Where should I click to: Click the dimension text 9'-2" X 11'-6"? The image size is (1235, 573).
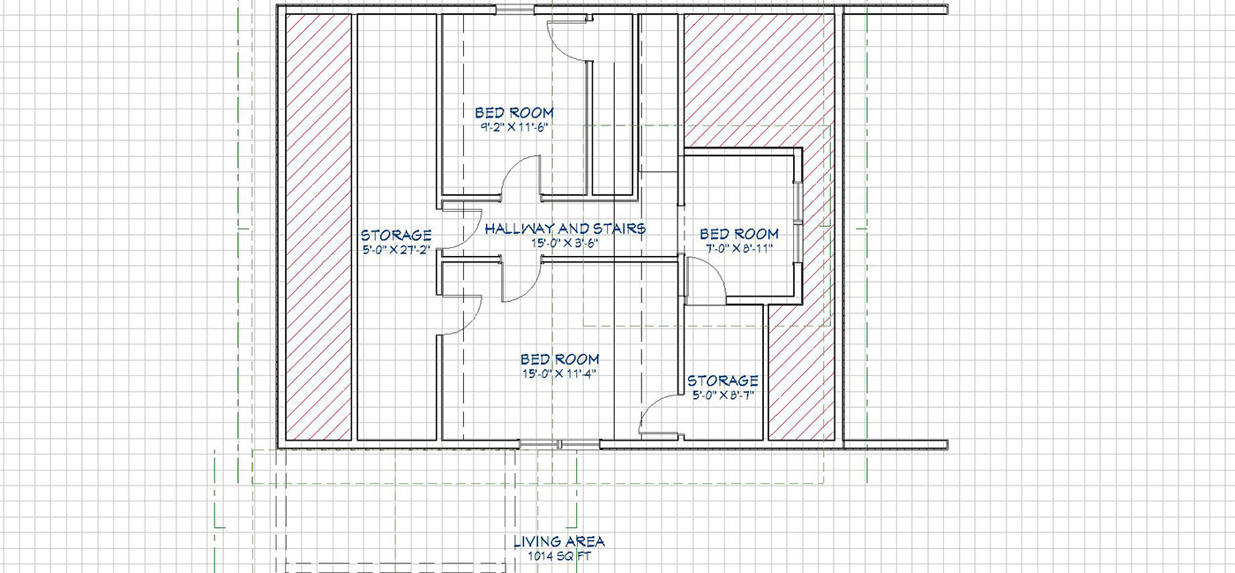(x=514, y=127)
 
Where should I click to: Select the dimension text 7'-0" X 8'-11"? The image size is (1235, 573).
(x=739, y=249)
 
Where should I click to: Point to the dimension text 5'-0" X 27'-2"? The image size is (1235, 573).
(x=396, y=250)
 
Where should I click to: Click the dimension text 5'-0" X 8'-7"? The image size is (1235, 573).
(x=722, y=396)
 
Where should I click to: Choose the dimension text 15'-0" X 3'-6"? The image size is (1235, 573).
(x=565, y=243)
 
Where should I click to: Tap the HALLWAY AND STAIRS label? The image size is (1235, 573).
(x=565, y=228)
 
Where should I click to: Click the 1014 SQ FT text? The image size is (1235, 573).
(x=559, y=557)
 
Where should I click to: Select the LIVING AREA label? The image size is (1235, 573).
(x=559, y=541)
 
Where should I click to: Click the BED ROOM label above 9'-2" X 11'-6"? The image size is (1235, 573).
(x=514, y=112)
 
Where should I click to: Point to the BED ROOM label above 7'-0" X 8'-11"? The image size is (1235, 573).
(x=739, y=234)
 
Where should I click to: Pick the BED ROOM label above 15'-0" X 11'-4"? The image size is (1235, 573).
(x=559, y=359)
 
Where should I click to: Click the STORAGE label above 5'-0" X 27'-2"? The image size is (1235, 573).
(x=396, y=235)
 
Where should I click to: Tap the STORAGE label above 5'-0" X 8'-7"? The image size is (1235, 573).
(x=722, y=381)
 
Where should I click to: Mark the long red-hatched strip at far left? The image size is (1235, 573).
(x=318, y=225)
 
